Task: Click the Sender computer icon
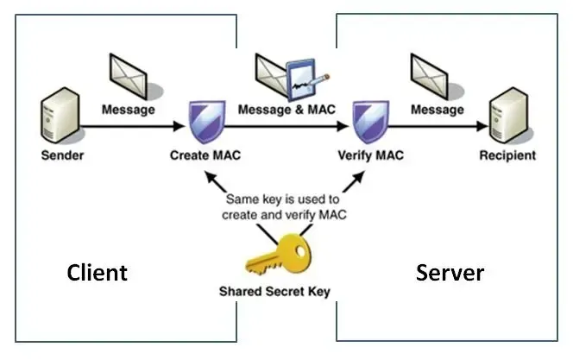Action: point(54,122)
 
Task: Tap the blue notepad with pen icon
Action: point(312,77)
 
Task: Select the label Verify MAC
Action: point(371,156)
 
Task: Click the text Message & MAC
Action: point(287,111)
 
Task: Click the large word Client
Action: point(98,274)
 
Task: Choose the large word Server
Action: point(450,274)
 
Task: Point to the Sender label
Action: point(54,156)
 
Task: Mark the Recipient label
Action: point(509,156)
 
